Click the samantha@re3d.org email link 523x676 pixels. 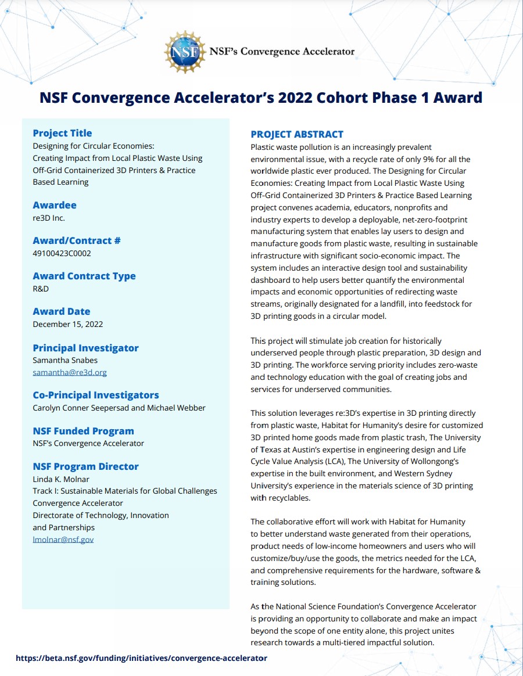[69, 372]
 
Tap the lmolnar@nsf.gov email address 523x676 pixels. [63, 540]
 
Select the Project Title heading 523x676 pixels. [62, 133]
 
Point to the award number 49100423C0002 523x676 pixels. [62, 253]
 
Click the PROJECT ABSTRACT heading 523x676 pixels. [297, 134]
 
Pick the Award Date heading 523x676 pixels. [61, 311]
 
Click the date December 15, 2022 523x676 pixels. [67, 324]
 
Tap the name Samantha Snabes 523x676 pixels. [65, 360]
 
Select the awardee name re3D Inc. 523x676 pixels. [49, 218]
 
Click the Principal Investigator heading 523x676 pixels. [85, 348]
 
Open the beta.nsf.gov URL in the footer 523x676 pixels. [141, 658]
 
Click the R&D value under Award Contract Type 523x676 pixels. [41, 289]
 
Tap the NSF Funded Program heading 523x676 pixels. [83, 431]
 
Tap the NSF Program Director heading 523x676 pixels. [85, 466]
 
